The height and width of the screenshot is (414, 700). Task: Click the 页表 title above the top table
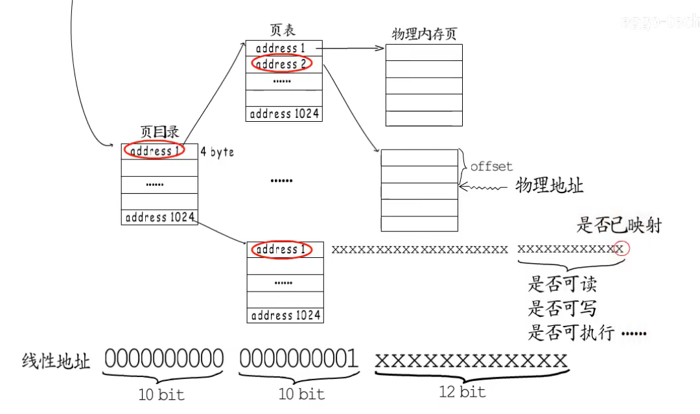283,31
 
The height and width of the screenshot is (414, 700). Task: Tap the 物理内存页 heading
425,34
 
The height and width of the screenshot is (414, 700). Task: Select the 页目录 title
159,132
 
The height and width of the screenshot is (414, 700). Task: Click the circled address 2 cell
282,64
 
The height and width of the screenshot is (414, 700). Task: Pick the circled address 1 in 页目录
154,151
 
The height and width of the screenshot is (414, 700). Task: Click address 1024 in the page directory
159,217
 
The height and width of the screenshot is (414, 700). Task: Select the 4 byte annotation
217,152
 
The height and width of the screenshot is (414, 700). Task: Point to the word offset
491,167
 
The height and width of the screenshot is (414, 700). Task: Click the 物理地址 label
550,186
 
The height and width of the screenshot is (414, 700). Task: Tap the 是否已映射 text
619,225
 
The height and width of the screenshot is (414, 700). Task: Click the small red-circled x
621,249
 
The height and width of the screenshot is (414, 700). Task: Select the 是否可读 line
562,284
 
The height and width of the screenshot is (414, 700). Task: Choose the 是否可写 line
562,308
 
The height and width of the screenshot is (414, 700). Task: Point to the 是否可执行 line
574,333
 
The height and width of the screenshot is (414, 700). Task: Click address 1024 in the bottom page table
285,316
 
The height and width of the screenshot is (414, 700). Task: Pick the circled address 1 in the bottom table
281,249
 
